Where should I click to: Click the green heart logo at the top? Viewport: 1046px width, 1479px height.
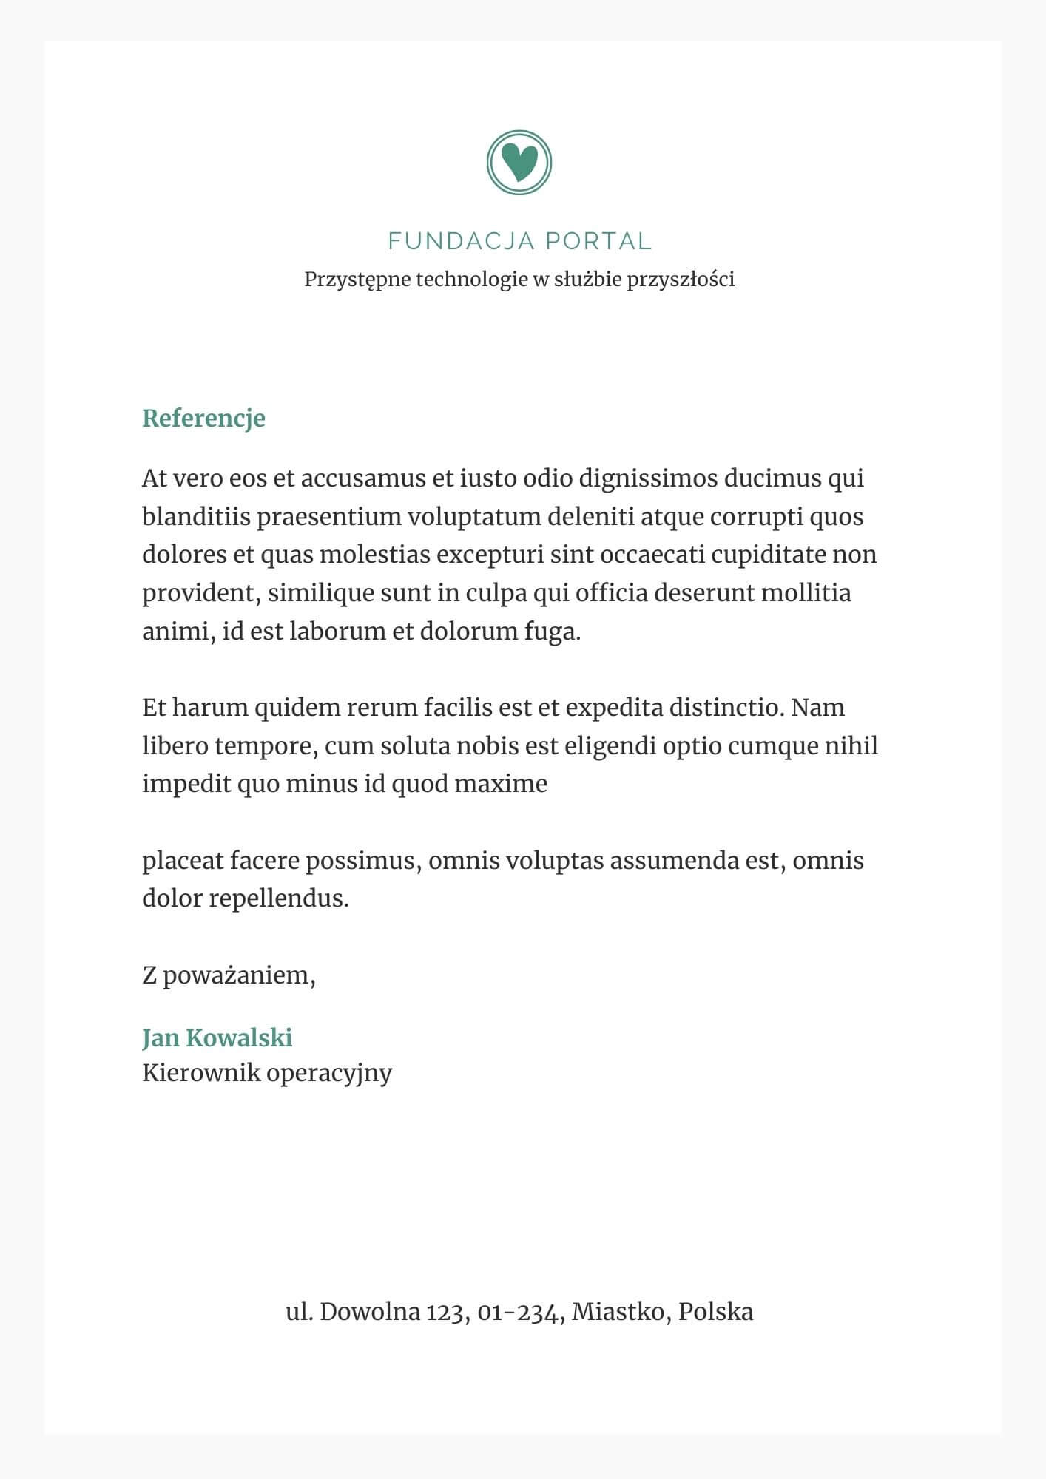(519, 162)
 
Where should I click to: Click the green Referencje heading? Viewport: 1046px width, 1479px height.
(203, 418)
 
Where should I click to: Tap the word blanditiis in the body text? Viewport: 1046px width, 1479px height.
(196, 516)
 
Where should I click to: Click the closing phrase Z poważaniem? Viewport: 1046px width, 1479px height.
(229, 975)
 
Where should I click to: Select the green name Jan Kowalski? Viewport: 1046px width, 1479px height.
(217, 1038)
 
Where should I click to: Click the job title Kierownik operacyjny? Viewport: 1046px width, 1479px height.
(266, 1072)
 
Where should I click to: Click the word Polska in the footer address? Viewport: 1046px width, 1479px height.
(715, 1312)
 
